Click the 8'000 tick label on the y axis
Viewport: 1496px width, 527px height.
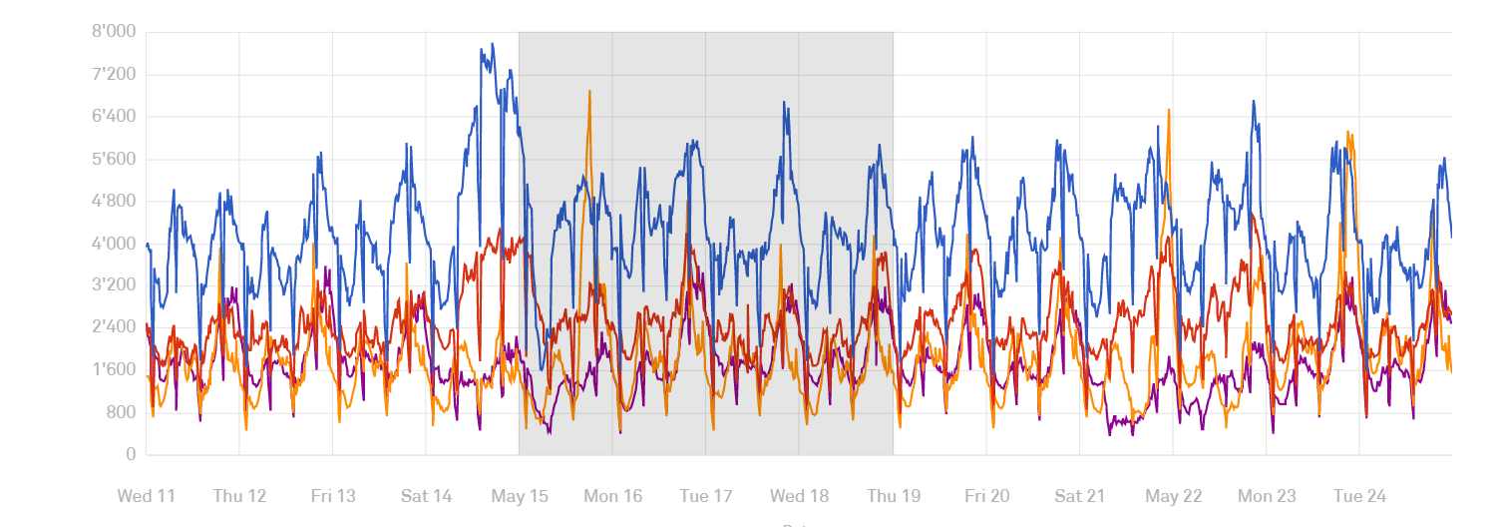tap(114, 32)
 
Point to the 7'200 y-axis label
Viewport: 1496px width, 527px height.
tap(114, 75)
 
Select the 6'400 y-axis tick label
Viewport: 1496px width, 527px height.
tap(114, 117)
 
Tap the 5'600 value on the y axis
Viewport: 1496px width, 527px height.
tap(114, 160)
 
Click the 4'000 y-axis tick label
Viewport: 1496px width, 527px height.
tap(114, 244)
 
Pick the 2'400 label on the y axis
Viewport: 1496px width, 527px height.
tap(114, 328)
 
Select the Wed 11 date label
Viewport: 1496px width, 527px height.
tap(147, 496)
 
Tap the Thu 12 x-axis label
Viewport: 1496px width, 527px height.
tap(239, 496)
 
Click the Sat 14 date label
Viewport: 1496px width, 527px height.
tap(426, 496)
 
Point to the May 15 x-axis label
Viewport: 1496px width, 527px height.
tap(519, 496)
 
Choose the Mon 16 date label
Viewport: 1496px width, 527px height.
tap(612, 496)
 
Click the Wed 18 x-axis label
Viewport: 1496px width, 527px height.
tap(799, 496)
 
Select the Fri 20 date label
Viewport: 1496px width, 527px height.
tap(985, 496)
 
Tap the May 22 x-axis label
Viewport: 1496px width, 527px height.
tap(1173, 496)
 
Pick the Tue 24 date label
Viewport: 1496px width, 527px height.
tap(1359, 496)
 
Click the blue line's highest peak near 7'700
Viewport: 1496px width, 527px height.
tap(493, 45)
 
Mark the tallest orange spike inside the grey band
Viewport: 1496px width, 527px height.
tap(589, 92)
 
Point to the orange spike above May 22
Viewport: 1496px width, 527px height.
tap(1169, 110)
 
